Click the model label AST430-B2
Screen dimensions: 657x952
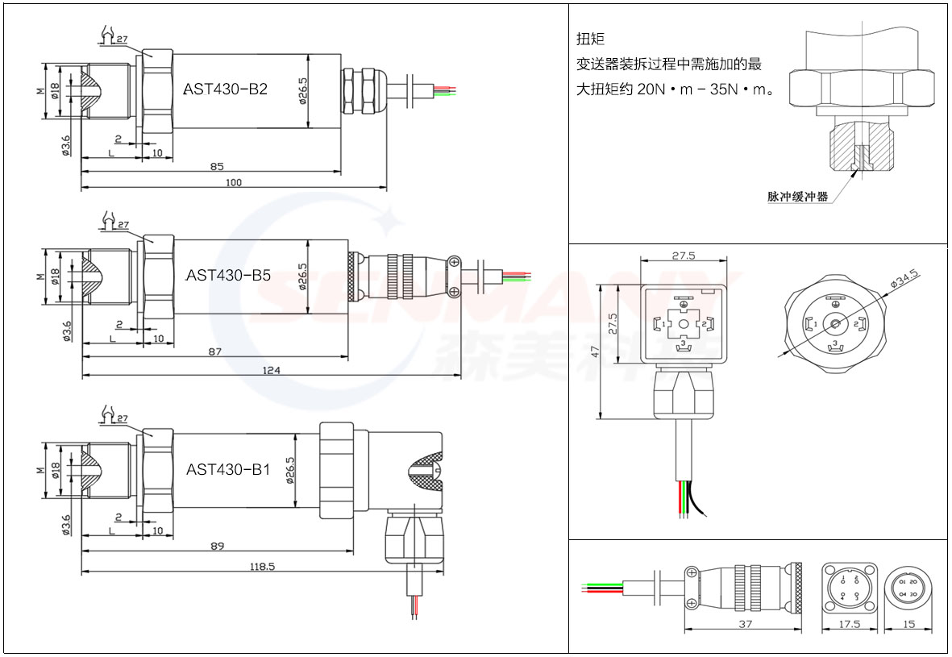pyautogui.click(x=226, y=89)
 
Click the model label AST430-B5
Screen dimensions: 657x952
pyautogui.click(x=228, y=275)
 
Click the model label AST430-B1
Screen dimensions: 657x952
pyautogui.click(x=228, y=469)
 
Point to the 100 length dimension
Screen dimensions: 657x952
pyautogui.click(x=234, y=183)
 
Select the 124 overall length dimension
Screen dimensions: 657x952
pyautogui.click(x=272, y=370)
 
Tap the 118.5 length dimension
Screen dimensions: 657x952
pyautogui.click(x=263, y=567)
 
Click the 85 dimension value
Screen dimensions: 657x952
pyautogui.click(x=217, y=166)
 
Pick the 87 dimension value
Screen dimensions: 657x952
pyautogui.click(x=215, y=351)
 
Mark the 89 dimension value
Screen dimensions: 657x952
pyautogui.click(x=217, y=547)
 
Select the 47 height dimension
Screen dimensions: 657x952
pyautogui.click(x=594, y=351)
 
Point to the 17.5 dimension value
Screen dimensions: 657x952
pyautogui.click(x=849, y=624)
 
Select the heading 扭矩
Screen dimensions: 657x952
pyautogui.click(x=590, y=39)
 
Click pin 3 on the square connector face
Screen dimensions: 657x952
pyautogui.click(x=684, y=344)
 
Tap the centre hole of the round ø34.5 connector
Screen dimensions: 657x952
pyautogui.click(x=836, y=324)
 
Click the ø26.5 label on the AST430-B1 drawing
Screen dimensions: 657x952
pyautogui.click(x=291, y=472)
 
